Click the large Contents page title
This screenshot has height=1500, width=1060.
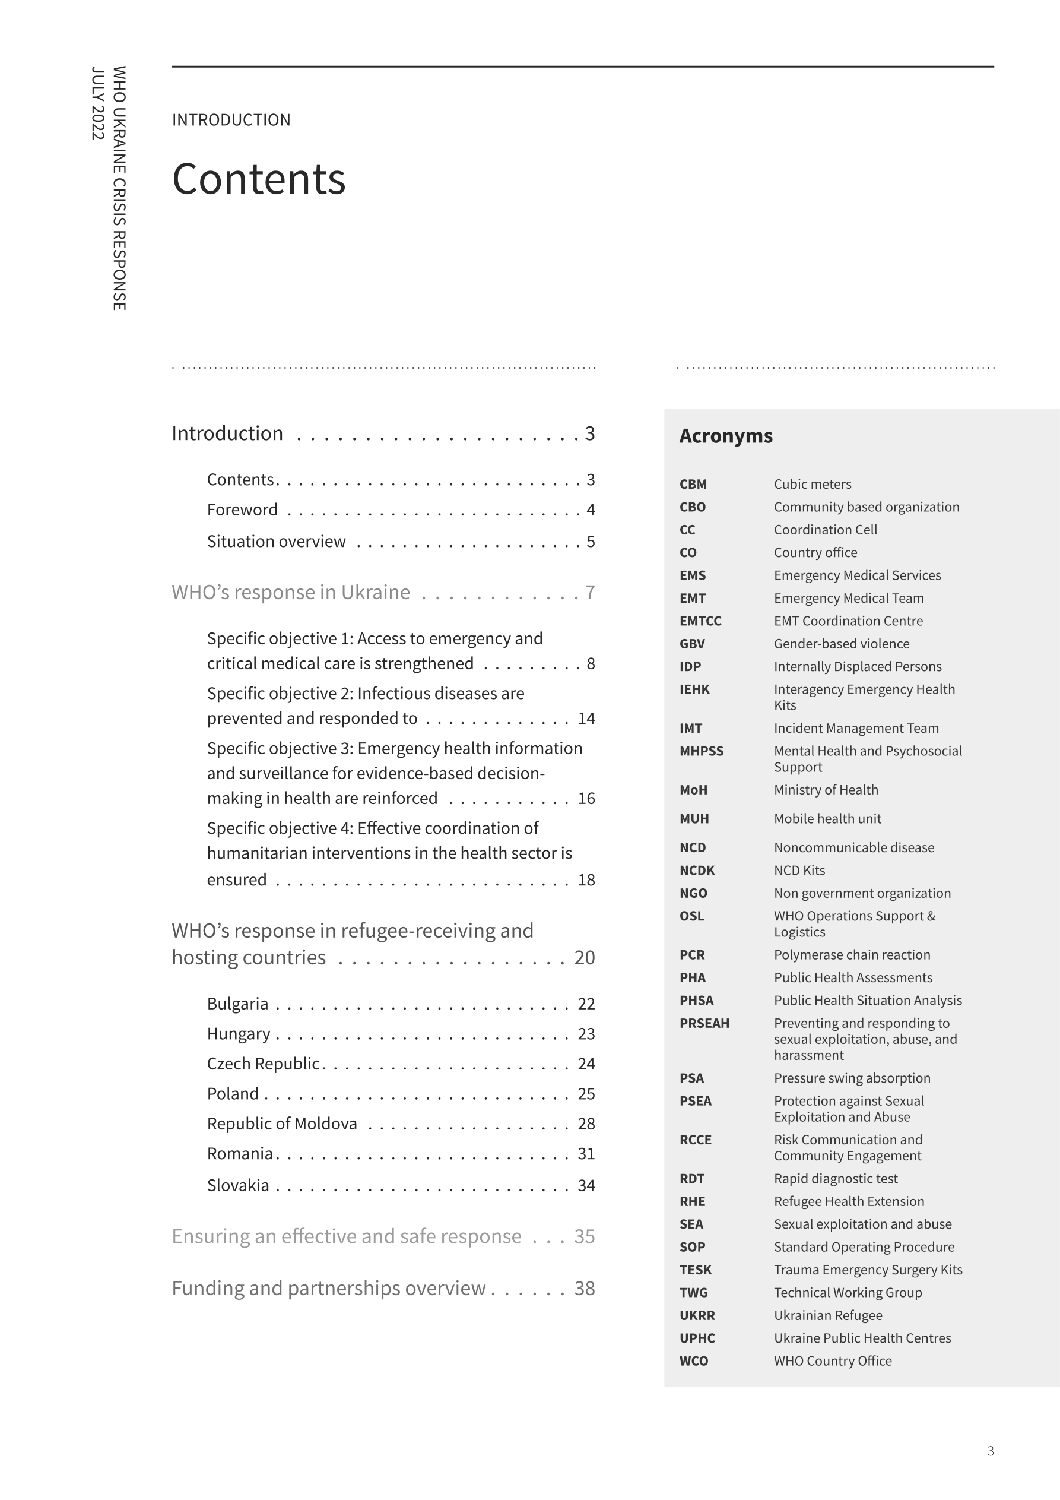259,179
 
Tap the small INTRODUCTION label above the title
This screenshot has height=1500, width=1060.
231,120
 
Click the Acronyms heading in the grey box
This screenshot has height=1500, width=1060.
726,436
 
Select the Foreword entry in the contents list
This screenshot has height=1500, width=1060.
242,510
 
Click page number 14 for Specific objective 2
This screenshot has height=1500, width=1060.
586,719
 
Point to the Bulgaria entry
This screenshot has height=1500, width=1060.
238,1004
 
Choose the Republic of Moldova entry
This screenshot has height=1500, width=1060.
282,1124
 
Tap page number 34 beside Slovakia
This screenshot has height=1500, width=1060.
586,1185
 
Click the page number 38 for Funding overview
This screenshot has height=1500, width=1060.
584,1289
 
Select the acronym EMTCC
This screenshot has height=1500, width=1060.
700,621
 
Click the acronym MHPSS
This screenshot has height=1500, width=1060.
702,751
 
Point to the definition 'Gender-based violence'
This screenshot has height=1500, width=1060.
841,644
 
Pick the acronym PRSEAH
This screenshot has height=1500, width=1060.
704,1023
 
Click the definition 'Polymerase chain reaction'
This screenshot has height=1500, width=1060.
852,955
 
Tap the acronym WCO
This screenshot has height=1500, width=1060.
694,1361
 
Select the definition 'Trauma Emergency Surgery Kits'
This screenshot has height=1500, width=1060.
868,1270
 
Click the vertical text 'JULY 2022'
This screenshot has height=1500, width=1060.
98,103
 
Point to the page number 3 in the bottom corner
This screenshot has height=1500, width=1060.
990,1451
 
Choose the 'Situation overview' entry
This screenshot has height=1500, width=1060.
276,542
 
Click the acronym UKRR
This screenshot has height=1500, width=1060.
697,1315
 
